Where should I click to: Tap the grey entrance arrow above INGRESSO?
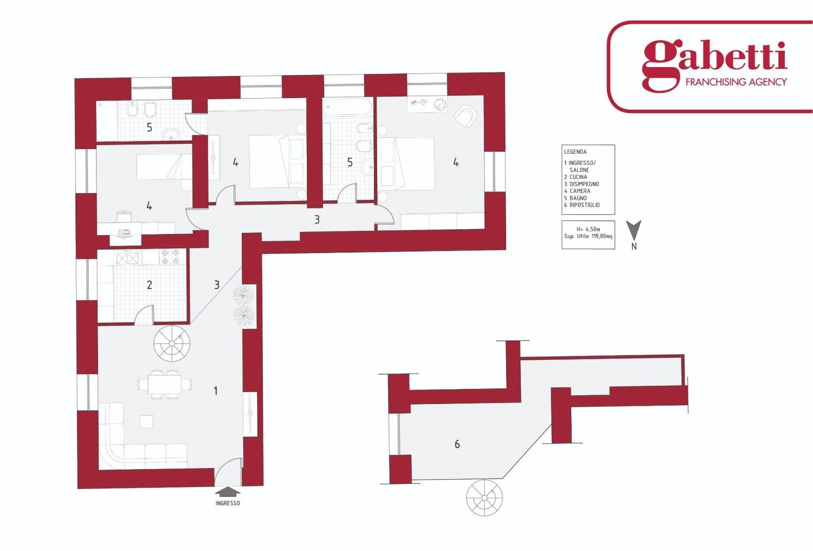(228, 492)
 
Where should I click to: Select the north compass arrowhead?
(634, 230)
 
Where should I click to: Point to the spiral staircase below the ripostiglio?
(485, 497)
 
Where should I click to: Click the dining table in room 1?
(164, 384)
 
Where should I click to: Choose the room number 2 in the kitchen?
(149, 285)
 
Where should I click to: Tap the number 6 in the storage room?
(457, 443)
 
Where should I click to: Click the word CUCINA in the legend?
(578, 177)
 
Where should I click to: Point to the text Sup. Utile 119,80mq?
(588, 237)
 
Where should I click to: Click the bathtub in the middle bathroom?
(348, 107)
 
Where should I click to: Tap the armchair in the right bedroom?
(465, 116)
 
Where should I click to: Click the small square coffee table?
(146, 421)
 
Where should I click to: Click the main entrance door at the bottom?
(228, 472)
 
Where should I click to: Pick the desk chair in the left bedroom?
(124, 216)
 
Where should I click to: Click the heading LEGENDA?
(575, 152)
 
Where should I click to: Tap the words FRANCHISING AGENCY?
(736, 82)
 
